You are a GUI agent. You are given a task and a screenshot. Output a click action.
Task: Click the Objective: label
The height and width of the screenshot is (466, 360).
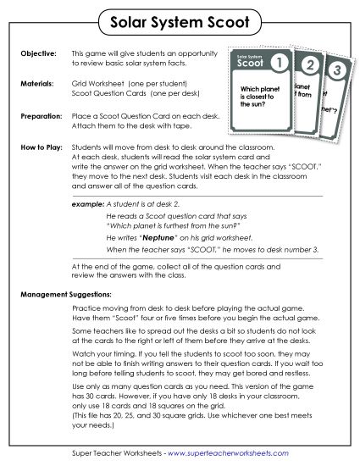coord(37,53)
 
